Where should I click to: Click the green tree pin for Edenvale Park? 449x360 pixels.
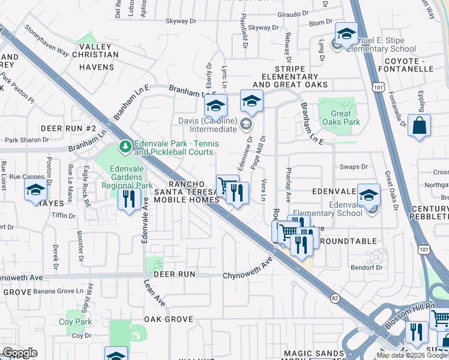(x=125, y=146)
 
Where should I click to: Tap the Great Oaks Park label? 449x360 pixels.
(x=340, y=118)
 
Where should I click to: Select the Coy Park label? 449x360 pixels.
(x=75, y=322)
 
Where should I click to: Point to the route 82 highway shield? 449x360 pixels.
(x=334, y=298)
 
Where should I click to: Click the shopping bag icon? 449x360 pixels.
(x=419, y=126)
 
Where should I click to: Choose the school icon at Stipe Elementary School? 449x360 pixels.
(x=346, y=35)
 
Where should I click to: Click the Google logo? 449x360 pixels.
(x=19, y=353)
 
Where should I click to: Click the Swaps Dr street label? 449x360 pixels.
(x=354, y=167)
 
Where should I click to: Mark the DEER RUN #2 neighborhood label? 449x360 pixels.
(x=68, y=129)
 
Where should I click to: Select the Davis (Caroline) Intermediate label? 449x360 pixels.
(x=205, y=124)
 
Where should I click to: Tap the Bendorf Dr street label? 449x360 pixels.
(x=367, y=268)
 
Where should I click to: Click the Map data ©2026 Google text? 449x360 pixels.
(x=412, y=355)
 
